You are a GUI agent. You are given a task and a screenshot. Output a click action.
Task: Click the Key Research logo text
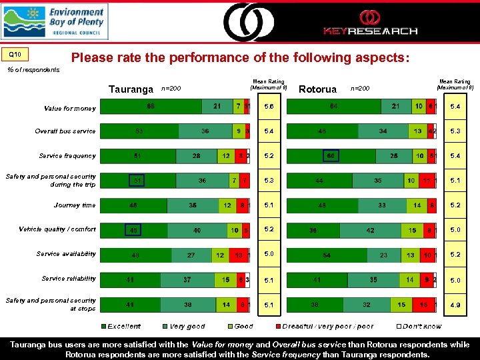[370, 31]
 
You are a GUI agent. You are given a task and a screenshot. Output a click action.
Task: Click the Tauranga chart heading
[131, 89]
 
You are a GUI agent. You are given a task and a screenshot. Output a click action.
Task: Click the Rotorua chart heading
[317, 89]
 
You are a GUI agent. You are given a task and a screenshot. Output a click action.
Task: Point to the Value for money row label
[69, 108]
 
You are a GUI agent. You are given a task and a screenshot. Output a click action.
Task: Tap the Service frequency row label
[67, 156]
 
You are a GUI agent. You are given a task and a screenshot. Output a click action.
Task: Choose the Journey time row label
[75, 205]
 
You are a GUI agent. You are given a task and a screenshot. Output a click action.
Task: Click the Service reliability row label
[69, 279]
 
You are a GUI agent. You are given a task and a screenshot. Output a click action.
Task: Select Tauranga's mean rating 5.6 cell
[269, 107]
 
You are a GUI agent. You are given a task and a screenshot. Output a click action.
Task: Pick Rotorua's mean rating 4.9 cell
[455, 305]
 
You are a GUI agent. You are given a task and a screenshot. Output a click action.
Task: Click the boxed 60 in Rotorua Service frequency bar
[331, 156]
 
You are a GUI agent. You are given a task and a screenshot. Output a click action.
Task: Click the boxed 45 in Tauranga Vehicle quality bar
[134, 230]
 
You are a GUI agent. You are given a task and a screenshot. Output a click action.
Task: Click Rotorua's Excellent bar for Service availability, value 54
[327, 255]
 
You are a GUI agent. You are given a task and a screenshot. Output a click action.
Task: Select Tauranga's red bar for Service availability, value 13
[239, 255]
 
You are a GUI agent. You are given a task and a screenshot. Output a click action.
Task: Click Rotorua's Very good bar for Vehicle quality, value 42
[370, 230]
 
